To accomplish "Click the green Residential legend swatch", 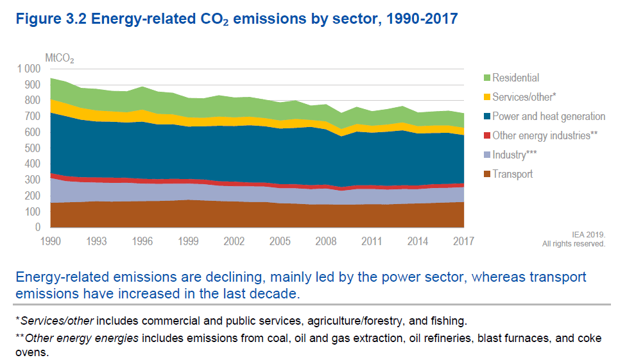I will [x=486, y=78].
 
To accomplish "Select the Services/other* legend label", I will [x=524, y=98].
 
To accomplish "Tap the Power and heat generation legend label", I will [x=549, y=116].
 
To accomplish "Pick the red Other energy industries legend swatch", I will [x=486, y=135].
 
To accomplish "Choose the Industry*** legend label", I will [x=514, y=155].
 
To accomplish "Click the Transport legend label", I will [x=512, y=174].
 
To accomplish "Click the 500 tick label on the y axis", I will [x=32, y=148].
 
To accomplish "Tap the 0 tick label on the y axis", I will [x=38, y=227].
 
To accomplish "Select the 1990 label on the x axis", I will [x=50, y=241].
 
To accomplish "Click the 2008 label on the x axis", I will [x=326, y=241].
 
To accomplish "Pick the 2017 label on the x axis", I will [x=463, y=241].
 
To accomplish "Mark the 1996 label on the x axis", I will [x=142, y=241].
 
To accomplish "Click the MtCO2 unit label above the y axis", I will [x=59, y=58].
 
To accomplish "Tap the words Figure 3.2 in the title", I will [x=51, y=19].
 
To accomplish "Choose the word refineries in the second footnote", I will [x=443, y=338].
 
